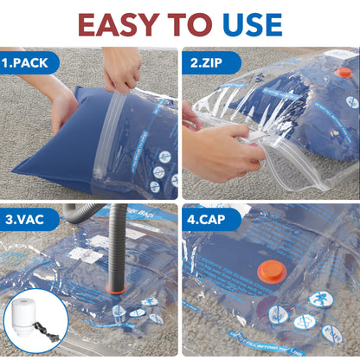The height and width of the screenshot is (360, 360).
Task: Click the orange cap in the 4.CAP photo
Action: [x=273, y=272]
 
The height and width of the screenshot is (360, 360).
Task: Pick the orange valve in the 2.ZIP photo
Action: [x=344, y=73]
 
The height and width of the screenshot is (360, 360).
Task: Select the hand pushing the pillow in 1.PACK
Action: [x=63, y=108]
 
